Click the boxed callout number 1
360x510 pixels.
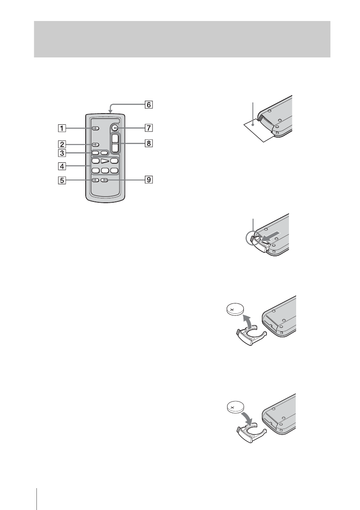(x=62, y=128)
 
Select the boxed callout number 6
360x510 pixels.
(x=148, y=104)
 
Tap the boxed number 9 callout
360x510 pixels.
(x=148, y=180)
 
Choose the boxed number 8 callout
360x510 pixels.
(x=148, y=144)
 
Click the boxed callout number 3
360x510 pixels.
(x=62, y=153)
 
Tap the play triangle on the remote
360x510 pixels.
(x=105, y=161)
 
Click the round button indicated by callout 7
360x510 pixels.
(x=114, y=128)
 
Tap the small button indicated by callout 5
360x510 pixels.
(x=95, y=180)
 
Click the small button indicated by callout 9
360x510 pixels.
(x=104, y=180)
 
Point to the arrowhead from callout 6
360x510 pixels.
(x=110, y=112)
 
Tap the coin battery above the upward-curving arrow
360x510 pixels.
(x=235, y=309)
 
